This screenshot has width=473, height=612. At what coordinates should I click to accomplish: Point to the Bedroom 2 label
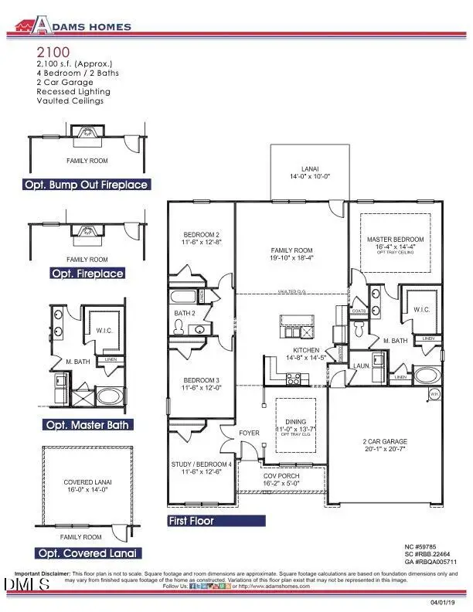pos(202,238)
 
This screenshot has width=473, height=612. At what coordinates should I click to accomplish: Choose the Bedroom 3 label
pos(202,384)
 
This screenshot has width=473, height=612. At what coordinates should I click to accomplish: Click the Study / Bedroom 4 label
pos(202,467)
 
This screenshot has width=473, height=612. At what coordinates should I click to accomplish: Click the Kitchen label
pos(285,354)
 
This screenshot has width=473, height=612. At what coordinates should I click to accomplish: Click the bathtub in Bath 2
pos(186,297)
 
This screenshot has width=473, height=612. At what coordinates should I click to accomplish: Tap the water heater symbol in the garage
pos(434,394)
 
